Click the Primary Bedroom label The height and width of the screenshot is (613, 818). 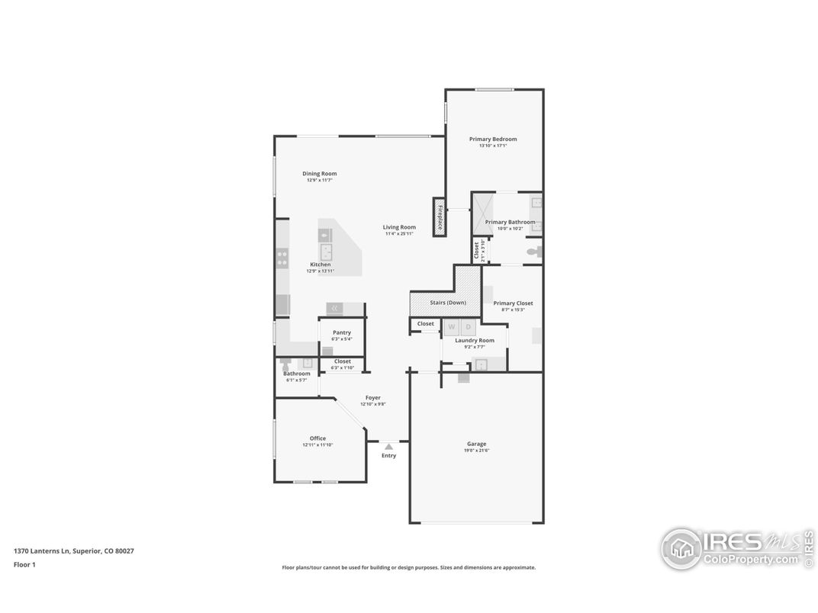(493, 139)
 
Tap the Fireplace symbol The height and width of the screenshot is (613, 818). (440, 217)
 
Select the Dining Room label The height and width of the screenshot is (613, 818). (319, 174)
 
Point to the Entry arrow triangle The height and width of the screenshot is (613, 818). (388, 446)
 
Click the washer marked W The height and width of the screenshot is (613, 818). (452, 327)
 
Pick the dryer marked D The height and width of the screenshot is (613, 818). (468, 327)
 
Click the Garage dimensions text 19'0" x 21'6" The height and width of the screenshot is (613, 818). (477, 451)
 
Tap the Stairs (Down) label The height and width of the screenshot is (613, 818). (448, 303)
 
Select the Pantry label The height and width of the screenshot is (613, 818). (342, 332)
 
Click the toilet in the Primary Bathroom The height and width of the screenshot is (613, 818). (534, 251)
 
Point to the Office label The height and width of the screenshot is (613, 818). (317, 438)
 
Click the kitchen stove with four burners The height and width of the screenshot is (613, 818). (282, 258)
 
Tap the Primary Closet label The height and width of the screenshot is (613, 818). (513, 303)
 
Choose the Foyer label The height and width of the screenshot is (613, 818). (372, 397)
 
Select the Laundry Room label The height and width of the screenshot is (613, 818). (475, 340)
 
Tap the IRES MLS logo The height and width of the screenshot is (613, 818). (736, 547)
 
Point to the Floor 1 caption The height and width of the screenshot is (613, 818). (24, 565)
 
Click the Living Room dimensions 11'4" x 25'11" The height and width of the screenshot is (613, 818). (399, 233)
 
